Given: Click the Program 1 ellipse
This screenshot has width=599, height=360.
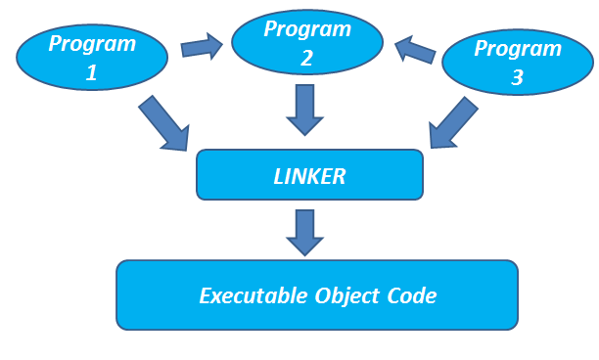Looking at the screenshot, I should click(x=93, y=58).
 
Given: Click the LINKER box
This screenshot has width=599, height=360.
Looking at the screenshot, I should click(x=310, y=175).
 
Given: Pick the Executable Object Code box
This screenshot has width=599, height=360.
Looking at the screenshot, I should click(x=316, y=294).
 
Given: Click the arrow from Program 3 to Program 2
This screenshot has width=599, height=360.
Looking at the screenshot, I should click(x=416, y=49).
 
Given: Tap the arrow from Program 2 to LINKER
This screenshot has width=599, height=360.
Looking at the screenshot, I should click(x=307, y=109).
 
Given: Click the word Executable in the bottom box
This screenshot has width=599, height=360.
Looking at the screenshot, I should click(x=246, y=295).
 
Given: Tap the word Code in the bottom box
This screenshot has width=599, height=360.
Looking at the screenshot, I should click(x=405, y=295).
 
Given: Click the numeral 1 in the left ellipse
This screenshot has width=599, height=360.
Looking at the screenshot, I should click(x=92, y=71).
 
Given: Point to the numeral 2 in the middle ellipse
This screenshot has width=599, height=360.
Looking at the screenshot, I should click(x=307, y=58).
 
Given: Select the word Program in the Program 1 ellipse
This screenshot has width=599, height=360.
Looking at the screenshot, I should click(x=93, y=44).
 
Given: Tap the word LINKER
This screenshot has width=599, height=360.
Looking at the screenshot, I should click(x=310, y=176).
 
